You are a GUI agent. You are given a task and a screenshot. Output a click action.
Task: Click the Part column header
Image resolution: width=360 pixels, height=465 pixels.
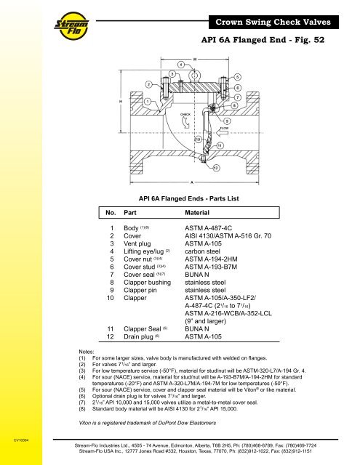[x=130, y=215]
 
